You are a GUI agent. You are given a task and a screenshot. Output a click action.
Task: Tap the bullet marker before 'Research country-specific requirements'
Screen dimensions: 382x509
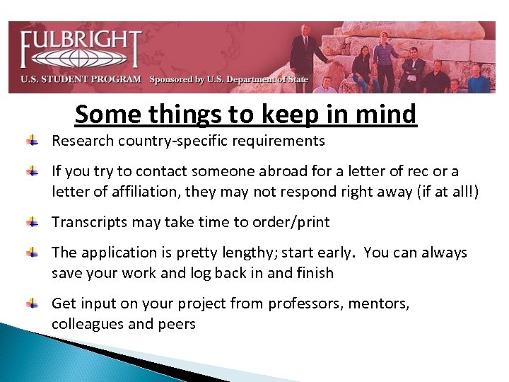(33, 141)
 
